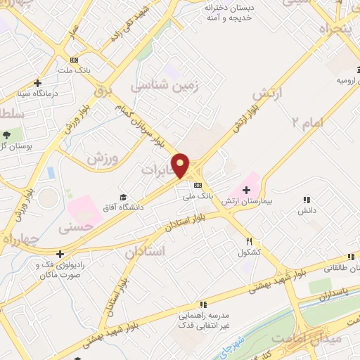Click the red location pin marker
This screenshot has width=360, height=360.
click(181, 165)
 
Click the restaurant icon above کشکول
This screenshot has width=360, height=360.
click(240, 240)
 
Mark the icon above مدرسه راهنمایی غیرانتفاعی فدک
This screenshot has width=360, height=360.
click(203, 304)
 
